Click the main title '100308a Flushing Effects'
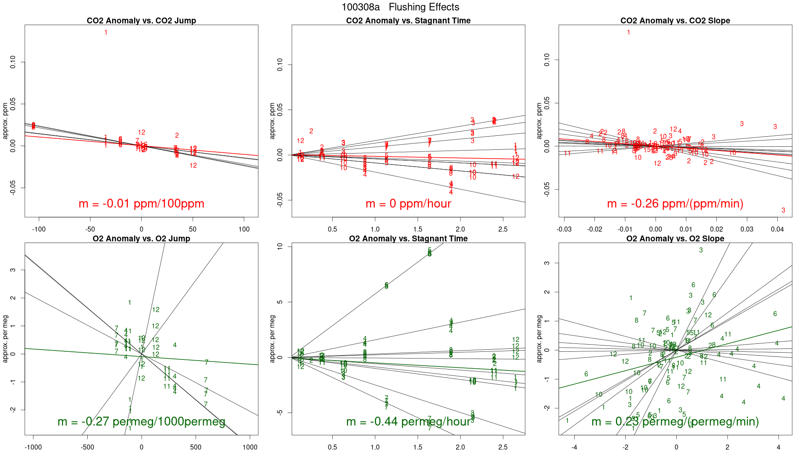pos(400,7)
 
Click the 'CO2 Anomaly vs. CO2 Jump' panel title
pos(141,21)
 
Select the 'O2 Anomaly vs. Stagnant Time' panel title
pos(408,239)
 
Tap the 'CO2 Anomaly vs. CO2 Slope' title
pos(675,21)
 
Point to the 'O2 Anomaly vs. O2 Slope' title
pos(675,239)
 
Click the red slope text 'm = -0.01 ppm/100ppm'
pos(141,204)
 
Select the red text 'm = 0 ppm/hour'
pos(408,204)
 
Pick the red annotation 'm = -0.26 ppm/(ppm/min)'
pos(675,204)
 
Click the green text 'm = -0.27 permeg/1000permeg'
pos(141,422)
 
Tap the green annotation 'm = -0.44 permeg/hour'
pos(408,422)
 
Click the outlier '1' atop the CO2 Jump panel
pos(106,32)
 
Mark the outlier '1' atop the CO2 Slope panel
pos(629,32)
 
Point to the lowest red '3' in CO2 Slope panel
pos(783,210)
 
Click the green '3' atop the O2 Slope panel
pos(701,251)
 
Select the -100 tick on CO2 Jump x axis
pos(39,229)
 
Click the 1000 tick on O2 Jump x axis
pos(250,448)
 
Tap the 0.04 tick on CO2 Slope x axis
pos(777,229)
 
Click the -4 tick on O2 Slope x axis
pos(575,448)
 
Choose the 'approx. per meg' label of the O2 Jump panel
pos(5,339)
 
